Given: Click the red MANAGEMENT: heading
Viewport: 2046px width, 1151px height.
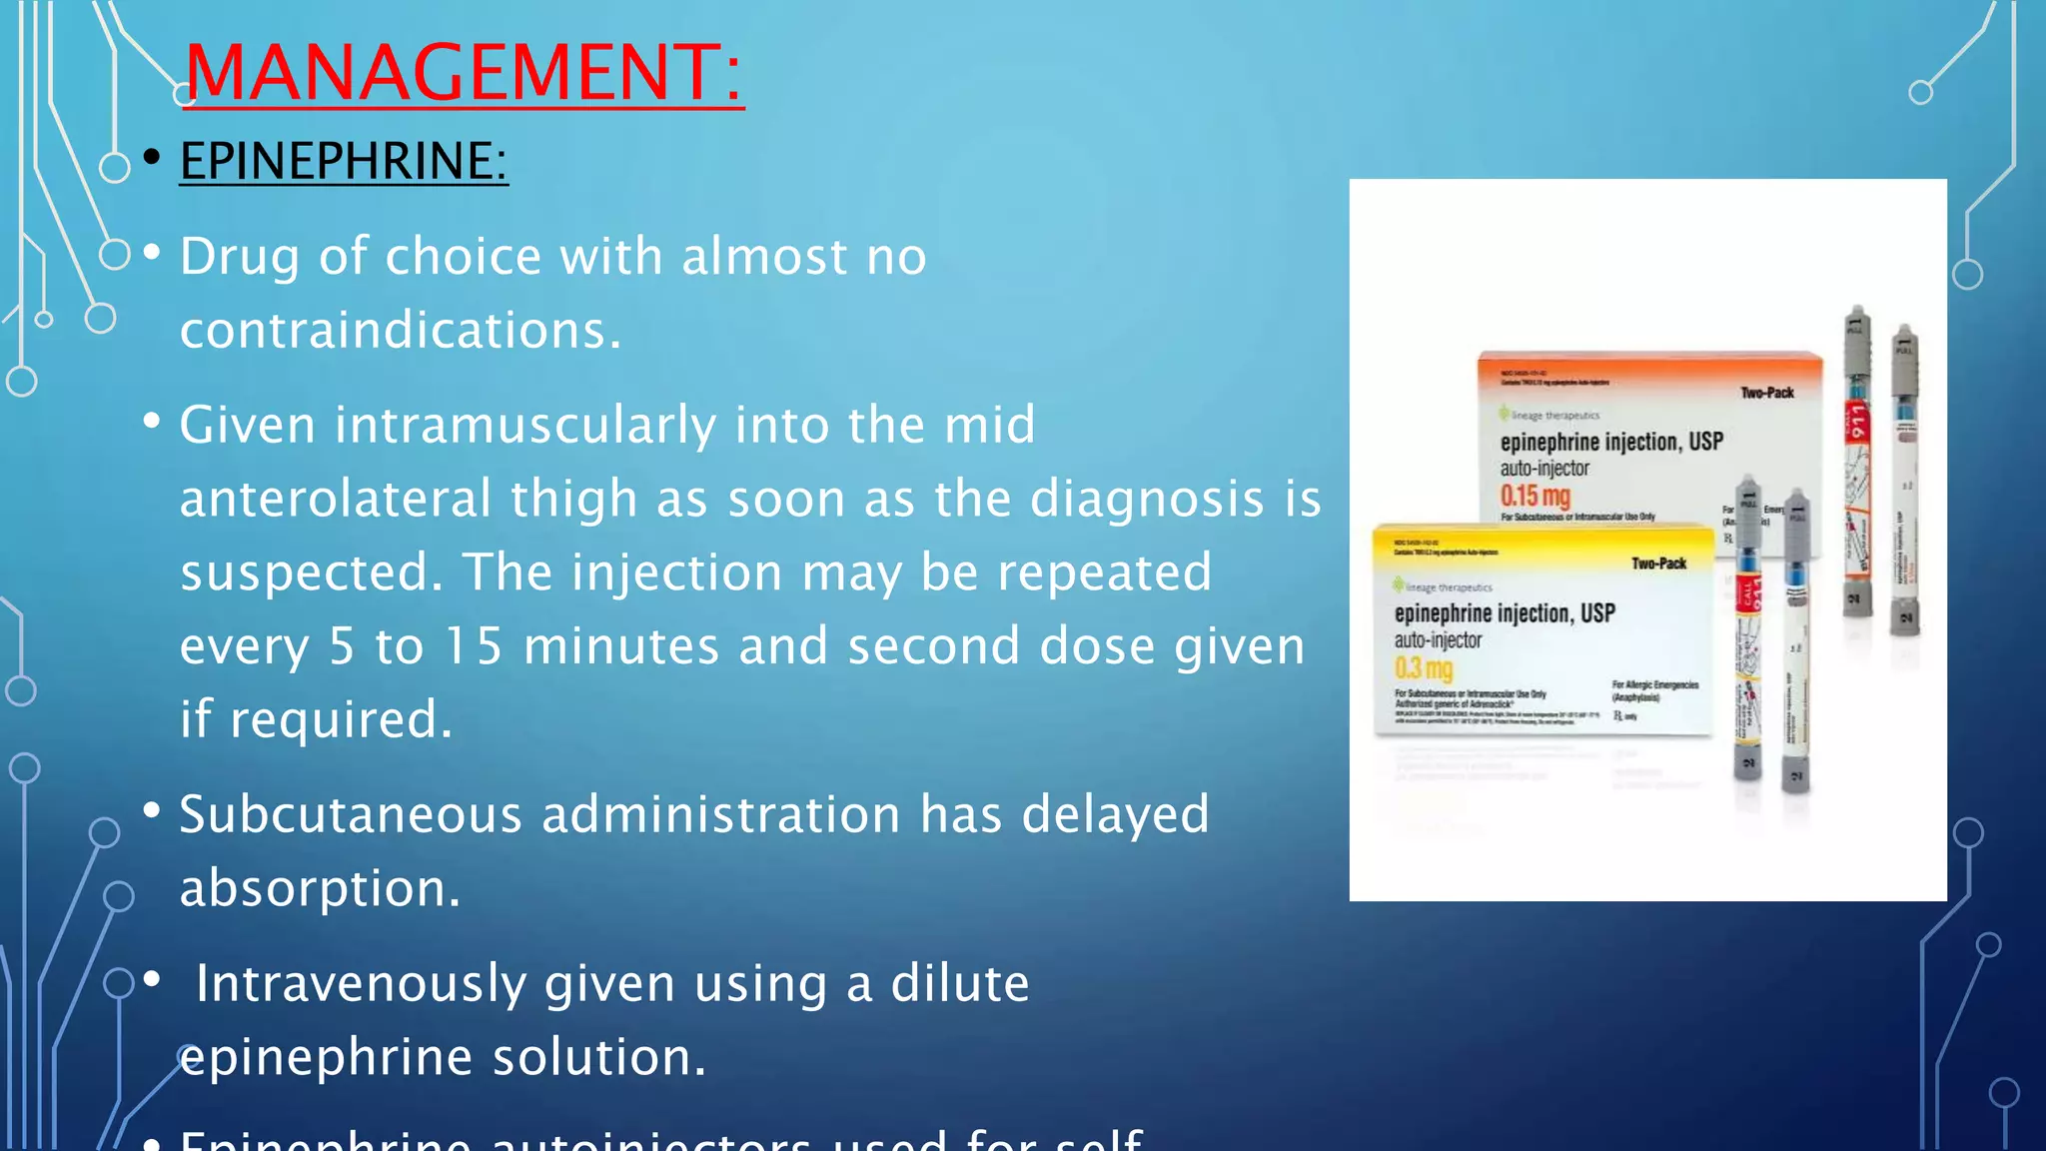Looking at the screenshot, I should coord(464,72).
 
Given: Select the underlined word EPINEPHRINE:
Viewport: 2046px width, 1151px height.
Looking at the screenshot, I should coord(343,161).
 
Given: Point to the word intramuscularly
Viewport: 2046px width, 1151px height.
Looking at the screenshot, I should coord(524,425).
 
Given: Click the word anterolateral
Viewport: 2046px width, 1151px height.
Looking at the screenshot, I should coord(336,499).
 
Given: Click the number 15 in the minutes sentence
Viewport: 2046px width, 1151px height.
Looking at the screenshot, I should coord(474,645).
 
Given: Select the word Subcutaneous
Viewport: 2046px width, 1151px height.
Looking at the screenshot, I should coord(351,814).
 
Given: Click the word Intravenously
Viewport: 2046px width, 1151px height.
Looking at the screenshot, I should coord(361,983).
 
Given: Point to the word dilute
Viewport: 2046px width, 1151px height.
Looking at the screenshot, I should coord(959,983).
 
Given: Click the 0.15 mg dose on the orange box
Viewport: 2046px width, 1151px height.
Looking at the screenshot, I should coord(1535,496).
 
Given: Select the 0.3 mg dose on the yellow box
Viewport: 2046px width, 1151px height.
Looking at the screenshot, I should coord(1424,668).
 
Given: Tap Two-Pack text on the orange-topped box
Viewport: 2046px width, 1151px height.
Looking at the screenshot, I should coord(1767,393).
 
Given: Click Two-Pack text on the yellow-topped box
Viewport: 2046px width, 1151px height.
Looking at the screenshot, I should coord(1658,564).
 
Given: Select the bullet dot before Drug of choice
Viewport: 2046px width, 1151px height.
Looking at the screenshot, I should coord(152,255).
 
